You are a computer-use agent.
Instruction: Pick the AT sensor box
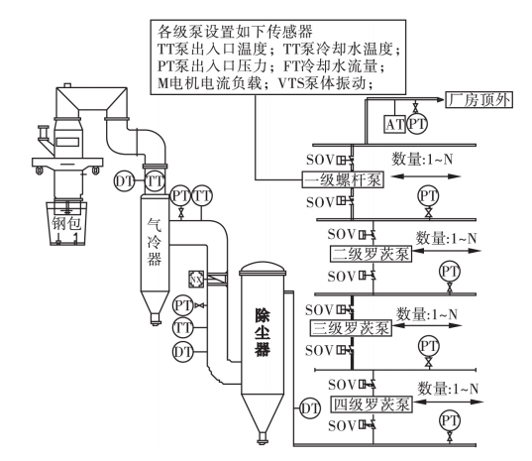click(x=393, y=123)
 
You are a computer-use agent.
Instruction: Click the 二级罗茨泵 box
click(x=366, y=255)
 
